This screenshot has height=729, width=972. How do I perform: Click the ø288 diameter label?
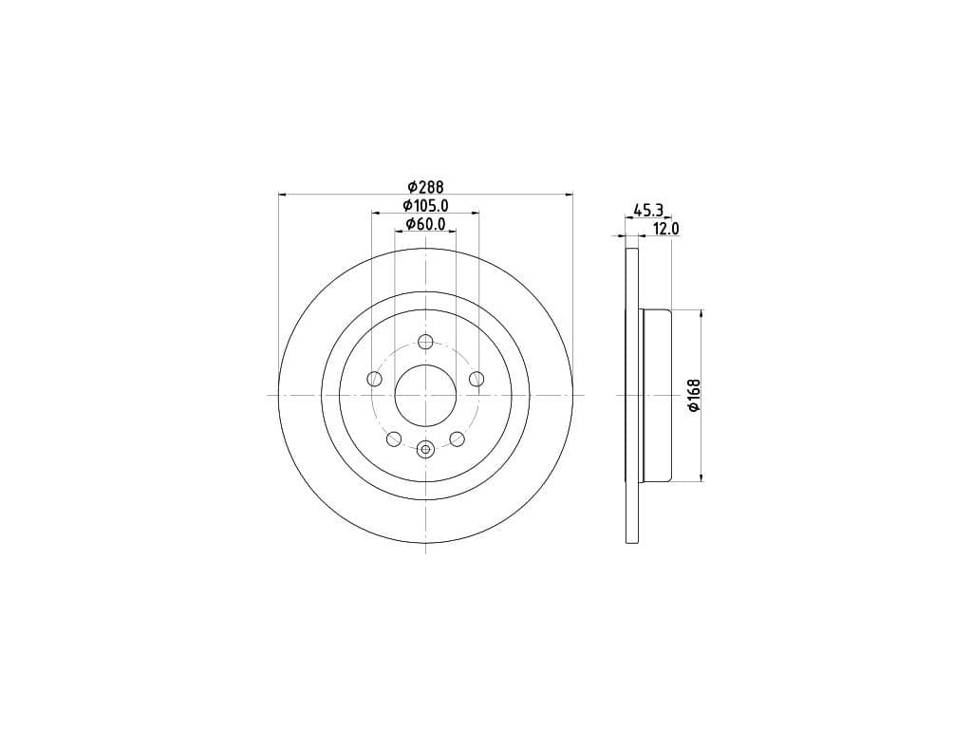[425, 186]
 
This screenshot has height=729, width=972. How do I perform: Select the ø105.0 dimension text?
[425, 205]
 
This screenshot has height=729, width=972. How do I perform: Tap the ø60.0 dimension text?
[425, 224]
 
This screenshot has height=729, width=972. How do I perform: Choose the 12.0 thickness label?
[666, 229]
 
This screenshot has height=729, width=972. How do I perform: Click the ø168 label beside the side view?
[694, 395]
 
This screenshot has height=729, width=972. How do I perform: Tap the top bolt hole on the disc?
[425, 342]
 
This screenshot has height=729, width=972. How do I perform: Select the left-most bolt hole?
[374, 378]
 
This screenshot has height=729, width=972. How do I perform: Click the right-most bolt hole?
[477, 378]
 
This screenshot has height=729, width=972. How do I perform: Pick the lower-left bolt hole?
[394, 439]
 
